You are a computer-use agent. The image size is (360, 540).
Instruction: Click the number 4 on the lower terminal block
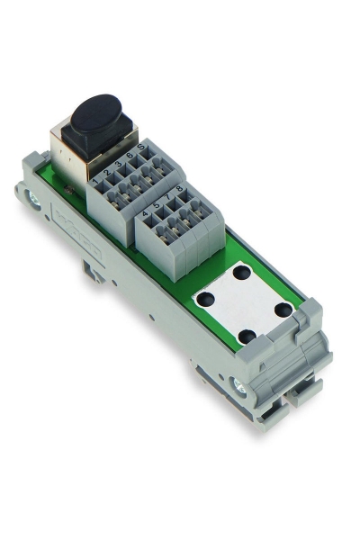click(x=145, y=214)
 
